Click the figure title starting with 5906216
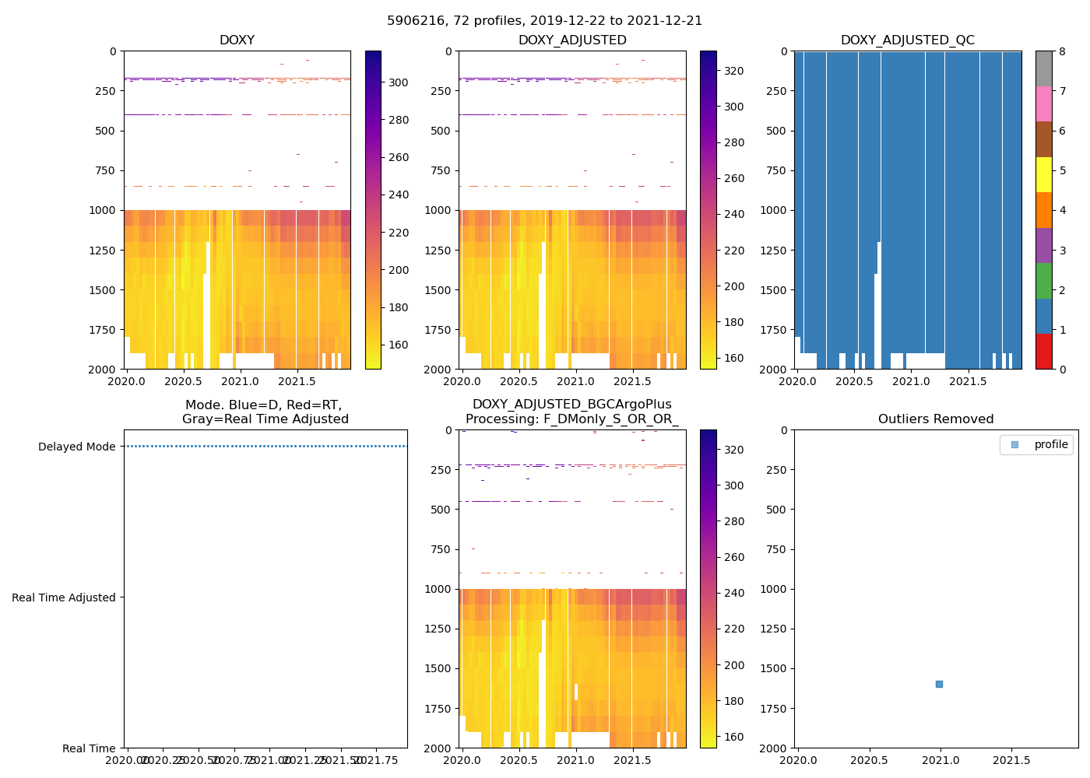coord(544,21)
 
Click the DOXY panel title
coord(237,40)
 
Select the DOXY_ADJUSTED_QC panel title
coord(907,40)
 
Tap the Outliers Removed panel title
coord(936,419)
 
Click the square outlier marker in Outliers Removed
coord(939,684)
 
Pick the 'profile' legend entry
coord(1050,445)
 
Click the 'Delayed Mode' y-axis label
coord(76,447)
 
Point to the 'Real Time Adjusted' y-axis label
coord(63,598)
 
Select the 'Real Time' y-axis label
coord(89,748)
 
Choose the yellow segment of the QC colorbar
coord(1043,175)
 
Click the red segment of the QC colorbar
coord(1043,352)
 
